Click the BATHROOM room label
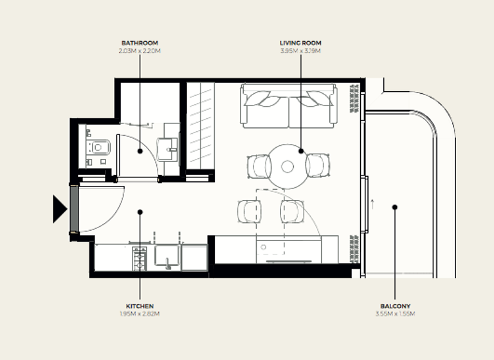click(140, 43)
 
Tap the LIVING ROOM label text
click(300, 43)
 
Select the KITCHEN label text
click(140, 307)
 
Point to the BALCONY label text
click(395, 307)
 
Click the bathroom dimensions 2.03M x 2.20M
click(140, 50)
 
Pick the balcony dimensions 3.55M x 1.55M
click(395, 314)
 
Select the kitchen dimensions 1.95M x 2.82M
click(140, 314)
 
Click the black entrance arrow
click(59, 209)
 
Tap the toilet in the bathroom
click(99, 148)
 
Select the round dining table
click(288, 166)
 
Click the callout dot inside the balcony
click(395, 207)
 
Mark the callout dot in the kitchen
click(140, 212)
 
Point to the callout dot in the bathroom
click(140, 151)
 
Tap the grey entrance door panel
click(74, 208)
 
